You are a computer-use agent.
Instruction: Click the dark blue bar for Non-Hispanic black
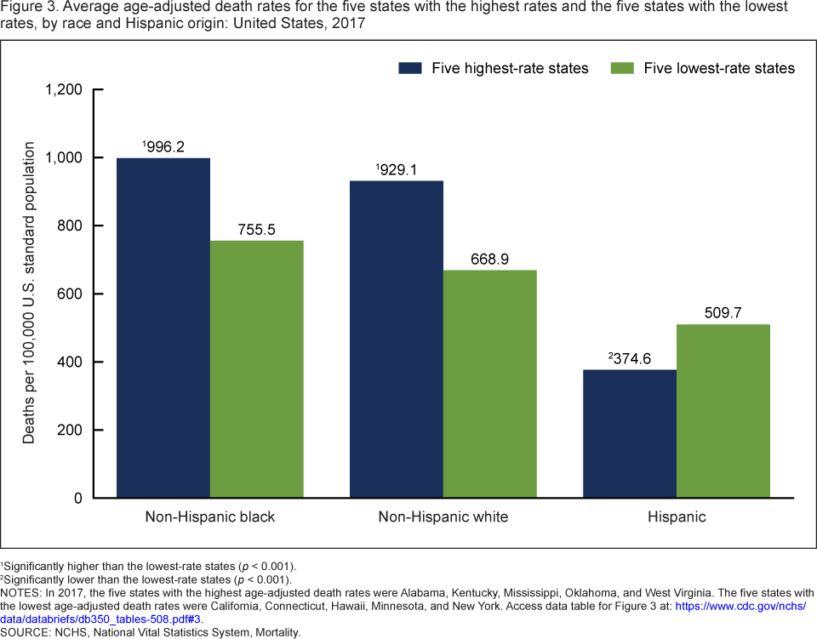click(163, 328)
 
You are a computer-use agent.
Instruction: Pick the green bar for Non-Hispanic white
click(489, 384)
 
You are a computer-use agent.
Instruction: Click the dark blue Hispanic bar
click(630, 433)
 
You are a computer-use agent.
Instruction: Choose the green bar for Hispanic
click(723, 410)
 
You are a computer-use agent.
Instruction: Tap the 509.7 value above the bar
click(723, 313)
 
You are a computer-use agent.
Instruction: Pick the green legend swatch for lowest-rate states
click(623, 68)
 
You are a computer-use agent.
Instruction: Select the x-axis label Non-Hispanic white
click(443, 516)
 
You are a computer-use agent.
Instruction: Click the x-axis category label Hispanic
click(677, 516)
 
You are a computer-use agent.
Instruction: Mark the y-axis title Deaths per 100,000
click(29, 294)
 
